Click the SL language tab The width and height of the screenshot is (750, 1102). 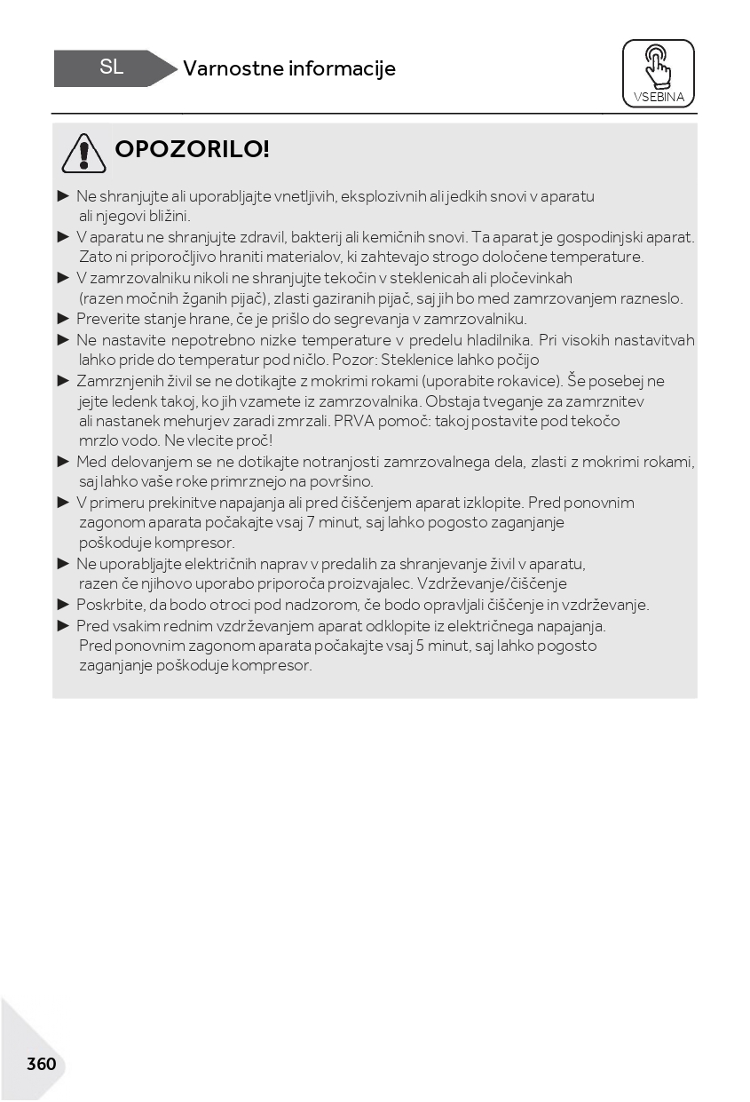coord(111,67)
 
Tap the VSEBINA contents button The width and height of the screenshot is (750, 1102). coord(659,73)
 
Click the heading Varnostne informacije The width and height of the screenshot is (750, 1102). coord(289,68)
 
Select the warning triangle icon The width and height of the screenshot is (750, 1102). coord(83,153)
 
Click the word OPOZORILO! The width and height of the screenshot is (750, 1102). coord(192,149)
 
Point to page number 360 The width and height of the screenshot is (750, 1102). coord(41,1064)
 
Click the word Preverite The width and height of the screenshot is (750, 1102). coord(107,319)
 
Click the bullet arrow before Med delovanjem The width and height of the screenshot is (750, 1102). coord(63,462)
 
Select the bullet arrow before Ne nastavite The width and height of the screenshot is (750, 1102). coord(63,339)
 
